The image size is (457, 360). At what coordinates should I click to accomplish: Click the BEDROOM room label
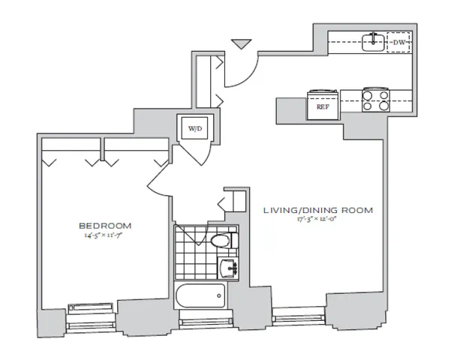(105, 225)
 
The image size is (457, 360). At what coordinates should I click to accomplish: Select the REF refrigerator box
(323, 106)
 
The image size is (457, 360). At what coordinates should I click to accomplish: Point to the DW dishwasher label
(398, 43)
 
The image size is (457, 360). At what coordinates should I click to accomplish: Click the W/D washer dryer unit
(194, 129)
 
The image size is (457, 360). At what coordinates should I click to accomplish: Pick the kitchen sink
(374, 43)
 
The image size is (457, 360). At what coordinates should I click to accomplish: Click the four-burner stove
(374, 100)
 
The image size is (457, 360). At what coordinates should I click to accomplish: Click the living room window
(294, 316)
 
